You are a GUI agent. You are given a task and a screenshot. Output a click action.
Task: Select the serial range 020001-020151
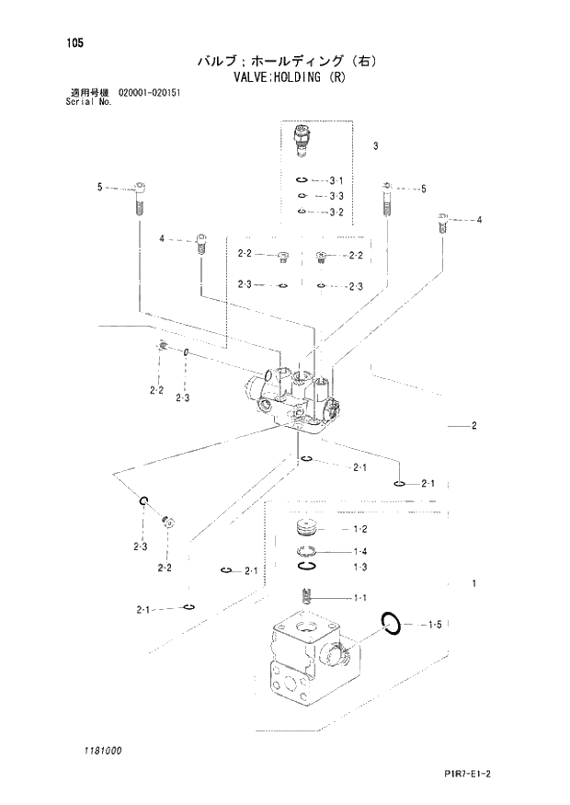150,94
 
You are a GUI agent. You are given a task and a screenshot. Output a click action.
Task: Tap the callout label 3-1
336,180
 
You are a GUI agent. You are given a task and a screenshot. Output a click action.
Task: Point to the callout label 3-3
336,196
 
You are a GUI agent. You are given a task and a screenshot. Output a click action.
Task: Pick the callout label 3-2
336,213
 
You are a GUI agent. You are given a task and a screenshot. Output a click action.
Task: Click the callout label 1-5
435,626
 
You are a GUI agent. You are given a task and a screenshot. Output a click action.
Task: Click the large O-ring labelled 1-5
390,624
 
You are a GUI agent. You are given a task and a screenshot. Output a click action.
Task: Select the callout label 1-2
360,529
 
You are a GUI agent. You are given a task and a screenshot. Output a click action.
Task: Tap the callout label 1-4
360,551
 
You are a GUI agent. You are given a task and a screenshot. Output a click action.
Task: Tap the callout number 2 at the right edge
473,426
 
